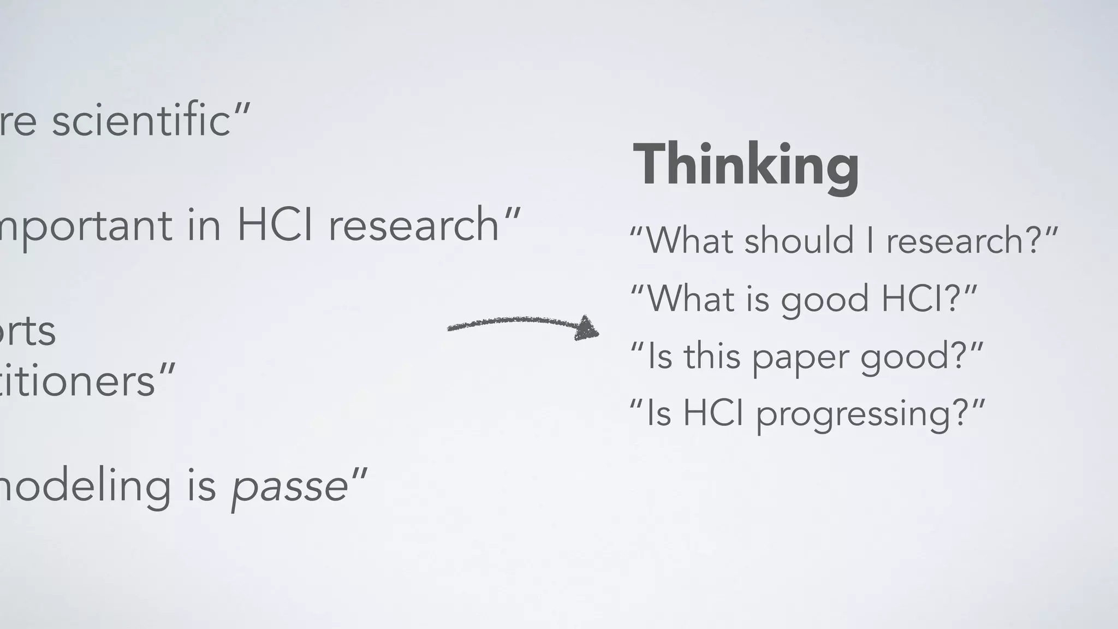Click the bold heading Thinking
click(x=746, y=165)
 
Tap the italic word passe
click(x=289, y=486)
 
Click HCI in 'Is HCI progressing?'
click(x=713, y=413)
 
